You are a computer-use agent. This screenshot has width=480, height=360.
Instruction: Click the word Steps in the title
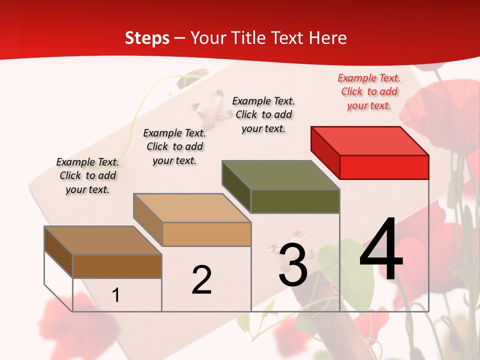point(147,38)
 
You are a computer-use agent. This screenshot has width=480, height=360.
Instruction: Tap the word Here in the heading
point(327,38)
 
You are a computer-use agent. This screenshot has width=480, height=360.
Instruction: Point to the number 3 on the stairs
point(293,265)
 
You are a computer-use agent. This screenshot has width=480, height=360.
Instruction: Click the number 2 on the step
point(201,280)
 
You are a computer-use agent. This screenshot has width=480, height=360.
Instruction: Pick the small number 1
point(116,295)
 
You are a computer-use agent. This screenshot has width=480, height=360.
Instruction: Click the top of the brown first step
point(103,240)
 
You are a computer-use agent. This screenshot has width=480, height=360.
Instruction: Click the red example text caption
point(369,91)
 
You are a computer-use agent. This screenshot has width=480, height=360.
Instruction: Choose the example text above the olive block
point(263,114)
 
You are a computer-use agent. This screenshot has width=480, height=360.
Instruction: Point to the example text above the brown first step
point(87,175)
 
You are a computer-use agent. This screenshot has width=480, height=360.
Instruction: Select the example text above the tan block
point(174,146)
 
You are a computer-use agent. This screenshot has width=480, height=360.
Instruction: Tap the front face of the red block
point(384,167)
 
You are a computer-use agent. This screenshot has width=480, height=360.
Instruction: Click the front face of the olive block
point(295,201)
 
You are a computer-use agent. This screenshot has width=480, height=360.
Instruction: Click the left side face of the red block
point(325,152)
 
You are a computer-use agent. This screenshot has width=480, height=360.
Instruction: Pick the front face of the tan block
point(206,234)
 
